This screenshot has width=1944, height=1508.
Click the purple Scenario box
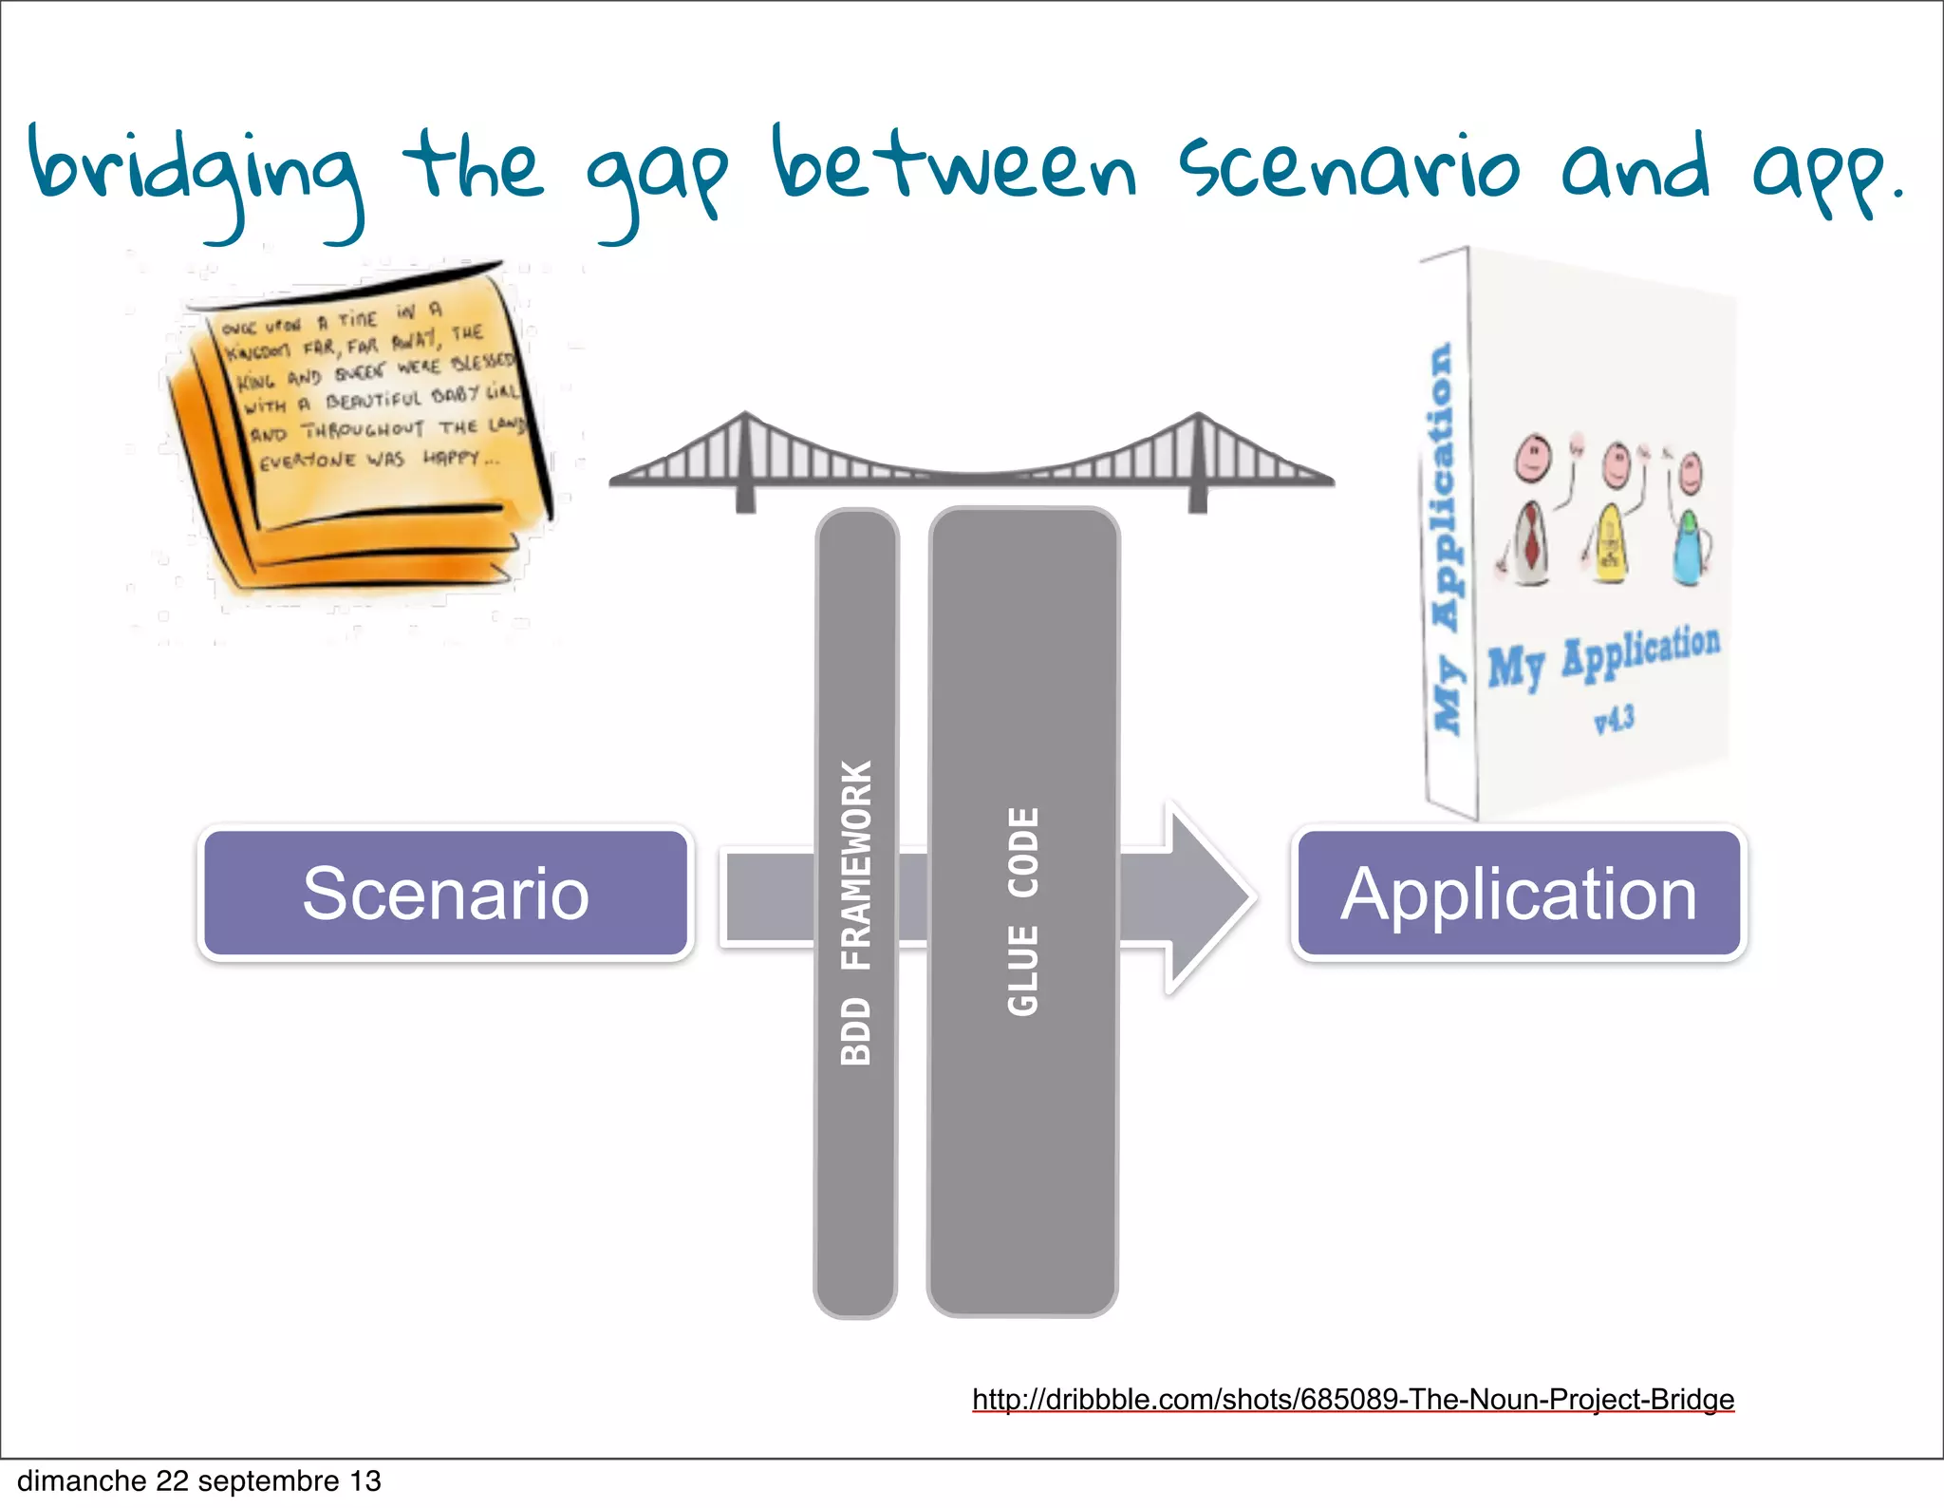tap(445, 893)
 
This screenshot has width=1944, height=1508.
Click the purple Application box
tap(1518, 893)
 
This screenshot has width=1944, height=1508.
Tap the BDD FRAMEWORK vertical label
tap(856, 912)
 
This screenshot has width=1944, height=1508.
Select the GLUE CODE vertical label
tap(1023, 912)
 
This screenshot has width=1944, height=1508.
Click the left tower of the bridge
tap(746, 461)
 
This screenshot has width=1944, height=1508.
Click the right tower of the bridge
tap(1198, 461)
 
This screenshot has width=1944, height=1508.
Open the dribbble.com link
tap(1353, 1399)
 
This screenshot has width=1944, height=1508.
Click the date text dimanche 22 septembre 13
tap(199, 1480)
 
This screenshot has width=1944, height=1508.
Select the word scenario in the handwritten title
tap(1348, 169)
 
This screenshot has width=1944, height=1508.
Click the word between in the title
tap(954, 166)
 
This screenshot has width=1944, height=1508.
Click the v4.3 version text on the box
tap(1614, 719)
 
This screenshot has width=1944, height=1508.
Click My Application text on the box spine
tap(1445, 537)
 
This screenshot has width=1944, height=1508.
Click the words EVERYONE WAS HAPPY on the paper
tap(380, 460)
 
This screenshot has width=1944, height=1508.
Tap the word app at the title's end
tap(1818, 176)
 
